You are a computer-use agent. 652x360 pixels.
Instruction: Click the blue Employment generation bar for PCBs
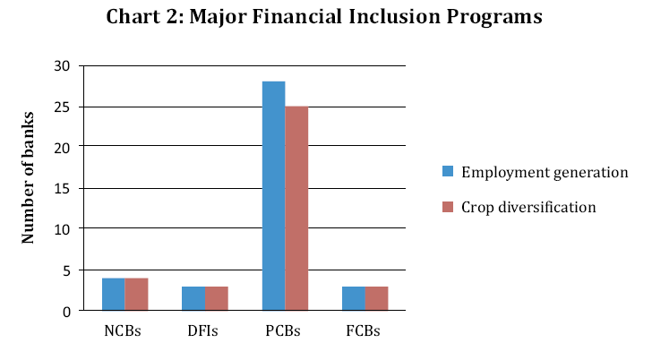(x=273, y=196)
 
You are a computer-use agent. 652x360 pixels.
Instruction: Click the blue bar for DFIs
(x=193, y=299)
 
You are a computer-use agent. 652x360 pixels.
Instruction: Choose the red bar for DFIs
(x=217, y=299)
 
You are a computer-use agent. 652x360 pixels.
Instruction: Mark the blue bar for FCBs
(x=353, y=299)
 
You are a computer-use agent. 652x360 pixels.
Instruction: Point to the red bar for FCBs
(x=376, y=299)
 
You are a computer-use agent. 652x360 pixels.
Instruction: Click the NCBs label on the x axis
(x=124, y=330)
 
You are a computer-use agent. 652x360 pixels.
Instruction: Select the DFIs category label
(x=205, y=330)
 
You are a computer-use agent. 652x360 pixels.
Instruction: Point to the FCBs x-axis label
(x=365, y=330)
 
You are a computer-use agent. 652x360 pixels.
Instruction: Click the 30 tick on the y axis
(x=62, y=66)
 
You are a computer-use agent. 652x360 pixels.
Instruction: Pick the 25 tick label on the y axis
(x=62, y=107)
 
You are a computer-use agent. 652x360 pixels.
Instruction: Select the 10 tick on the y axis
(x=62, y=229)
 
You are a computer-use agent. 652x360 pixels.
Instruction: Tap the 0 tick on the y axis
(x=65, y=311)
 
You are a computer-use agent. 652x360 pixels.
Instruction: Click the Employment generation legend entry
(x=544, y=172)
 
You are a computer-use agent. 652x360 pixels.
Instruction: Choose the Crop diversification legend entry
(x=528, y=207)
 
